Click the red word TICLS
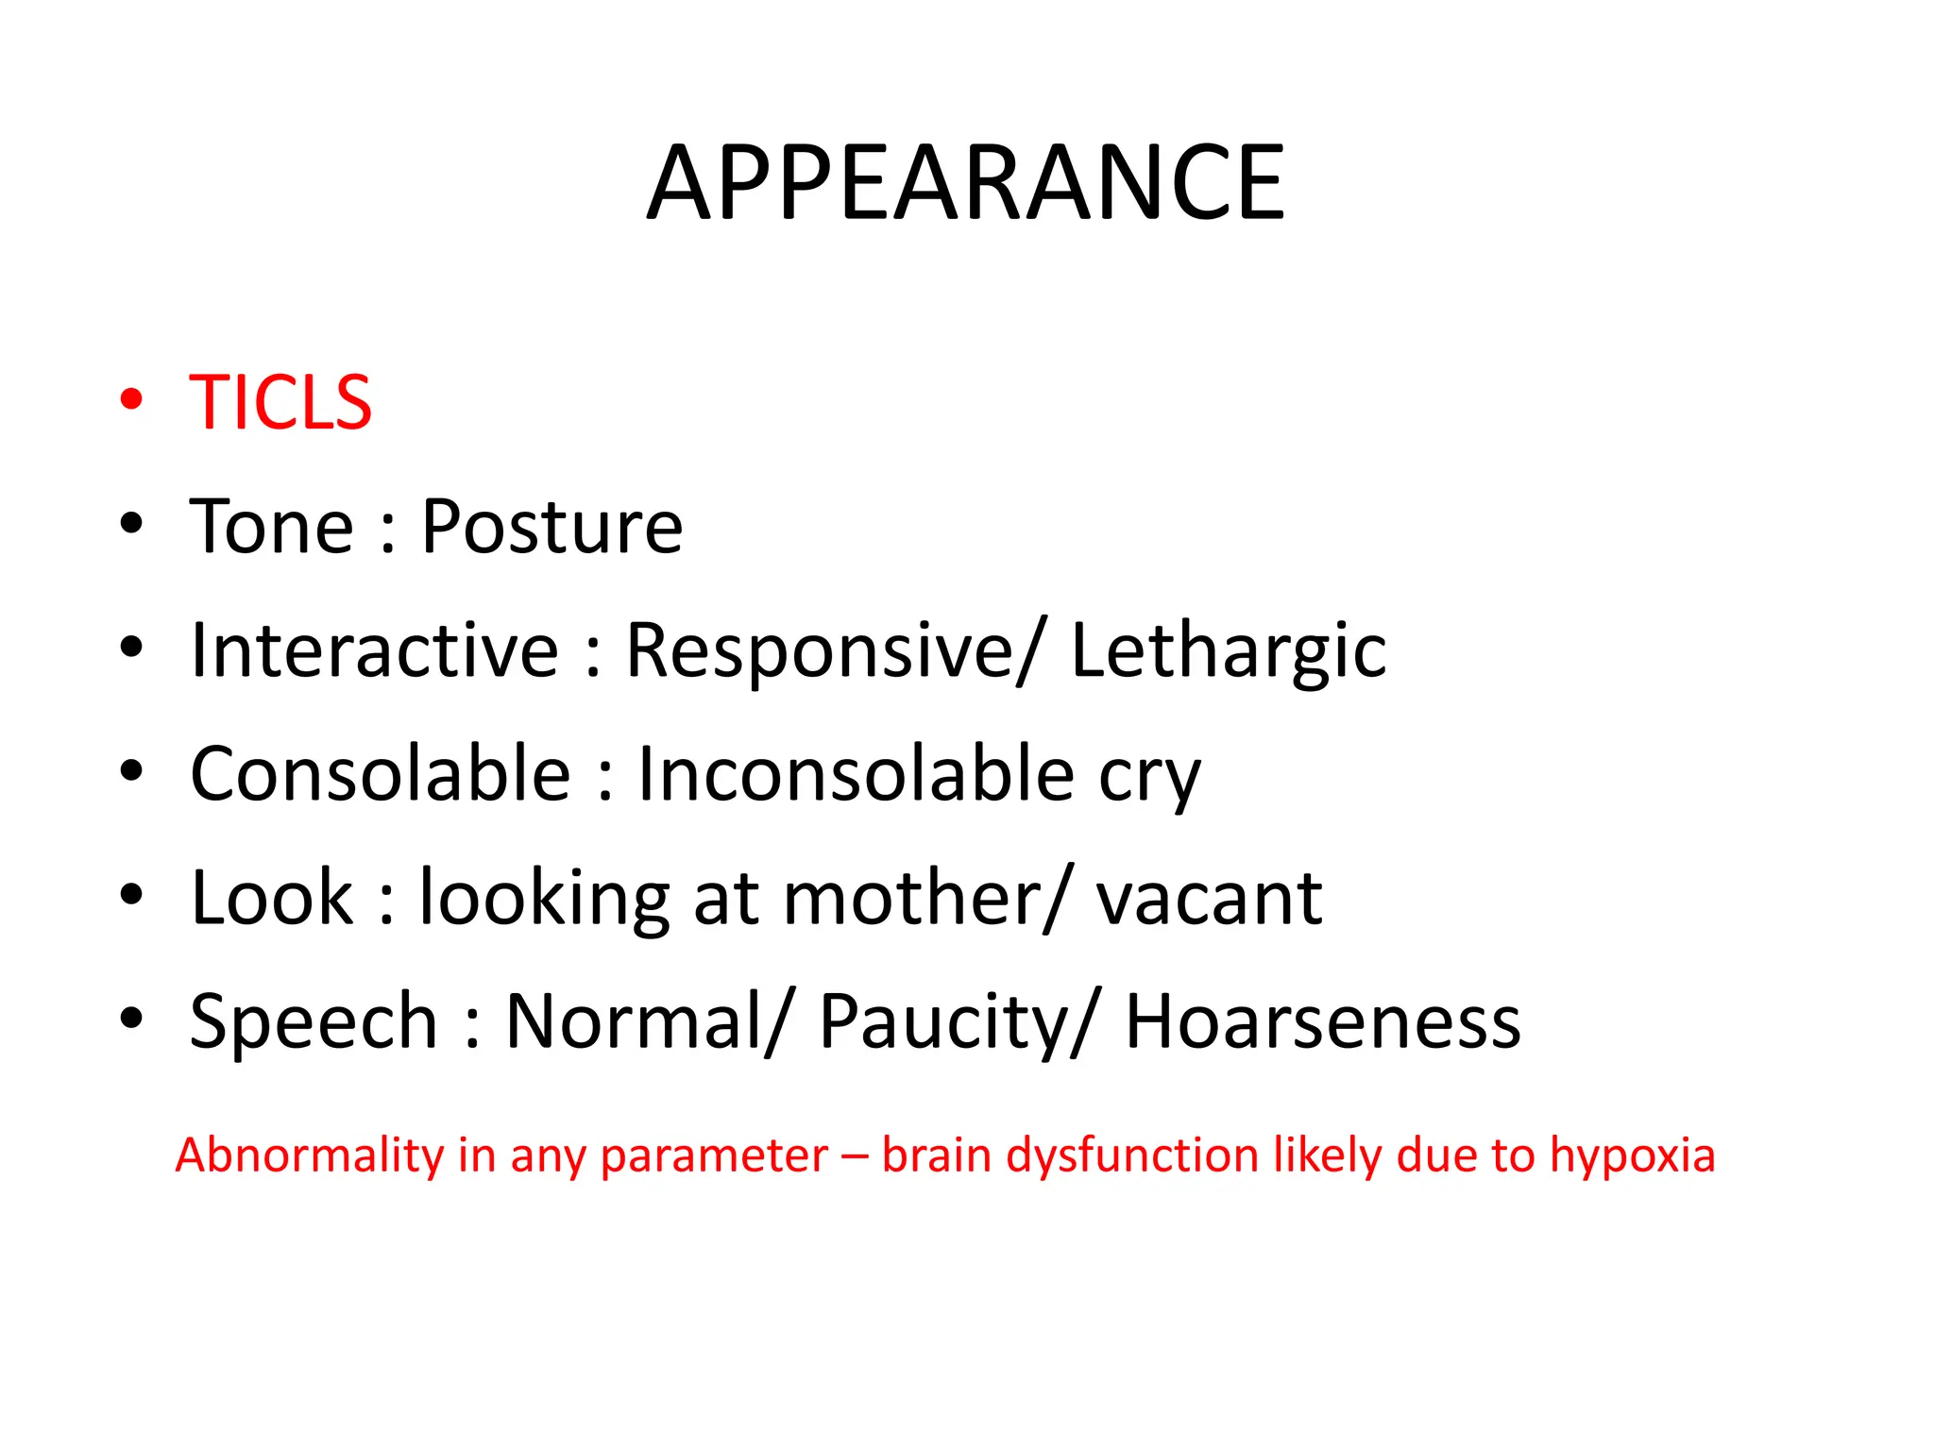point(280,403)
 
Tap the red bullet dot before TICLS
point(131,398)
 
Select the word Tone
point(271,527)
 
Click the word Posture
point(551,527)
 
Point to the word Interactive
point(374,650)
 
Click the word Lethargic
point(1229,650)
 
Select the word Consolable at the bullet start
point(381,774)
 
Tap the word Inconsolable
point(856,774)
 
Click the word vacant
point(1209,900)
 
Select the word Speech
point(314,1021)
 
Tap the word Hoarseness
point(1323,1021)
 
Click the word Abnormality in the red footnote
point(310,1155)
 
